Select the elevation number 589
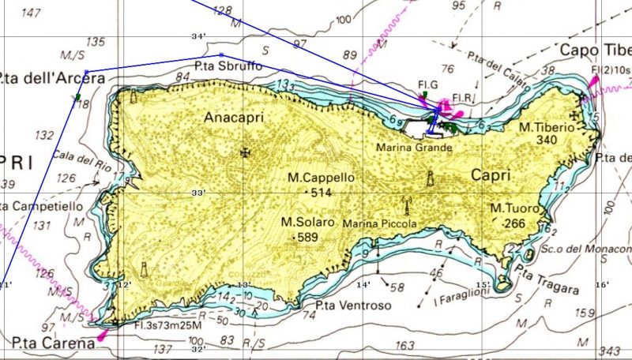click(x=307, y=237)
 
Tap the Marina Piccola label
click(x=379, y=224)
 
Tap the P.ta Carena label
click(x=48, y=343)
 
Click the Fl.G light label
click(x=427, y=84)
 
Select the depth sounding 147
click(x=32, y=13)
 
